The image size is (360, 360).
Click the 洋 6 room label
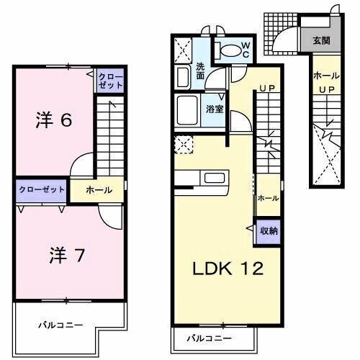[53, 121]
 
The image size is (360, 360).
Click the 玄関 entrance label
[321, 41]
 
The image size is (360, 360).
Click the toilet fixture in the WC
[228, 50]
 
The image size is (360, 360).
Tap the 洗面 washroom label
[201, 71]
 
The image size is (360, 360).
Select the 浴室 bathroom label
[214, 109]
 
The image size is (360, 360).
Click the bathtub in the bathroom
[190, 110]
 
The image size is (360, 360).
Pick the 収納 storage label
[269, 231]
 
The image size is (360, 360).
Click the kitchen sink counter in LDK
[215, 178]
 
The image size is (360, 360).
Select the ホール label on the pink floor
[99, 190]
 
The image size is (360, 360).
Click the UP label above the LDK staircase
[266, 89]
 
